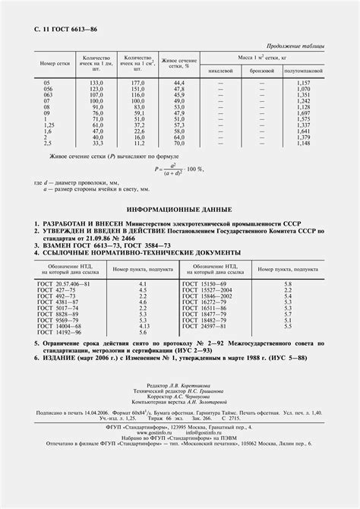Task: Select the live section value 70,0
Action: click(179, 143)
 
